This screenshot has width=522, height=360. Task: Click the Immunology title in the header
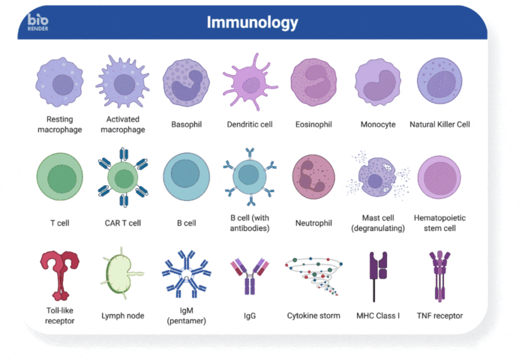point(252,23)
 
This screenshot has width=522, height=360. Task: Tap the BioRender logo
point(37,22)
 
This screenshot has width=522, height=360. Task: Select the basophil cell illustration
point(187,83)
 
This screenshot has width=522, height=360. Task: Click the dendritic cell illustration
point(250,82)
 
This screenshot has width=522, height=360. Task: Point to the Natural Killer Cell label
point(439,124)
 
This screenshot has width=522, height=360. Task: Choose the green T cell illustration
point(60,177)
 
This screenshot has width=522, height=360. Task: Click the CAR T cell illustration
point(123,177)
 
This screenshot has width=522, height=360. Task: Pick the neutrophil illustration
point(313,176)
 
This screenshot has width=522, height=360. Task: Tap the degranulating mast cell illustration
point(378,175)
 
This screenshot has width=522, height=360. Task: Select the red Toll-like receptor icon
point(60,276)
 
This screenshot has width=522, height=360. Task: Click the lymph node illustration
point(122,274)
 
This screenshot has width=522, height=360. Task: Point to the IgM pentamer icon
point(187,274)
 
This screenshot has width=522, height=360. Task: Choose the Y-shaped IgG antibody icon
point(250,276)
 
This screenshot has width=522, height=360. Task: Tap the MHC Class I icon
point(378,277)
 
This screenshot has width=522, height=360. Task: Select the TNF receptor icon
point(439,276)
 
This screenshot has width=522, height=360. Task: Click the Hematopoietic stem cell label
point(439,223)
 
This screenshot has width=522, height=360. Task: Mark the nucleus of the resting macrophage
point(63,85)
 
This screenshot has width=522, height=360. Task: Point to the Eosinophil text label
point(313,124)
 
